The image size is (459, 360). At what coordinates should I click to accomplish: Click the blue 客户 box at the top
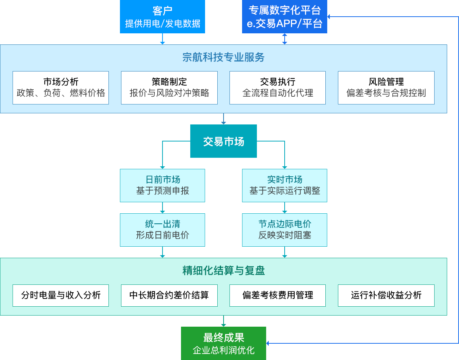[162, 17]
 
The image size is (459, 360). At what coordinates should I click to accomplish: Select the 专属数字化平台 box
[284, 17]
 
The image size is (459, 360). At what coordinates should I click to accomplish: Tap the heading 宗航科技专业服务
[223, 57]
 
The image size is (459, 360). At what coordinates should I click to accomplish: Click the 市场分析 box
[61, 88]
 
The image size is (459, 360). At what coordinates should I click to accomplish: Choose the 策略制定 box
[169, 88]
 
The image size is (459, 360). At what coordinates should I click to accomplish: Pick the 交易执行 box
[278, 88]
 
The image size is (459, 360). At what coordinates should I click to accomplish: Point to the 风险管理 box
[386, 88]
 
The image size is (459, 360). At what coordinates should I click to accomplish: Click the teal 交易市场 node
[223, 141]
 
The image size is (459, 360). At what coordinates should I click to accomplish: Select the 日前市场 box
[162, 186]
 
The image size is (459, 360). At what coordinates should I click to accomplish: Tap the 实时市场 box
[284, 186]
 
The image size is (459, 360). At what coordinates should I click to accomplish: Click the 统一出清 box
[162, 230]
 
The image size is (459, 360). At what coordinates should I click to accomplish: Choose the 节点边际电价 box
[284, 230]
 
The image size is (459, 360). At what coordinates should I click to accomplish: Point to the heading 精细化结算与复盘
[223, 271]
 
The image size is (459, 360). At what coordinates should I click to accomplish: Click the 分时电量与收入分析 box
[61, 295]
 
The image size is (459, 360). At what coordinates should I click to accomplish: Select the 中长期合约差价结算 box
[169, 295]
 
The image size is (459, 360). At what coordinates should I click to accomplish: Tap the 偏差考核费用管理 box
[278, 295]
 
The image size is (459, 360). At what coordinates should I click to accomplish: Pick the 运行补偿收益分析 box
[386, 295]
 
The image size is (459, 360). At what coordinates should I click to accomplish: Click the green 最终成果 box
[223, 343]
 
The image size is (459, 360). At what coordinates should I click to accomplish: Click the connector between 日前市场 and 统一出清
[162, 208]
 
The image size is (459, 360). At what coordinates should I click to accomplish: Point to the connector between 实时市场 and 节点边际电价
[284, 208]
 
